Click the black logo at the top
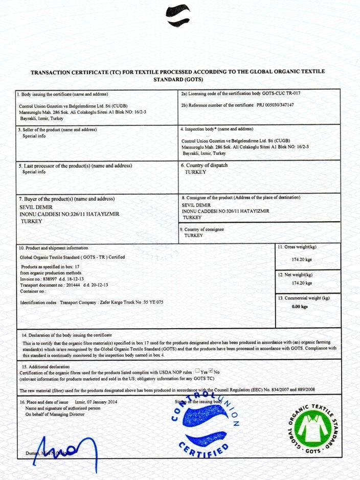[178, 15]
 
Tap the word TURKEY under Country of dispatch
[195, 172]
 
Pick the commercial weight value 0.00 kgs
[299, 307]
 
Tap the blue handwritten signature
[61, 450]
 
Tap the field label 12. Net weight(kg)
[295, 275]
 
